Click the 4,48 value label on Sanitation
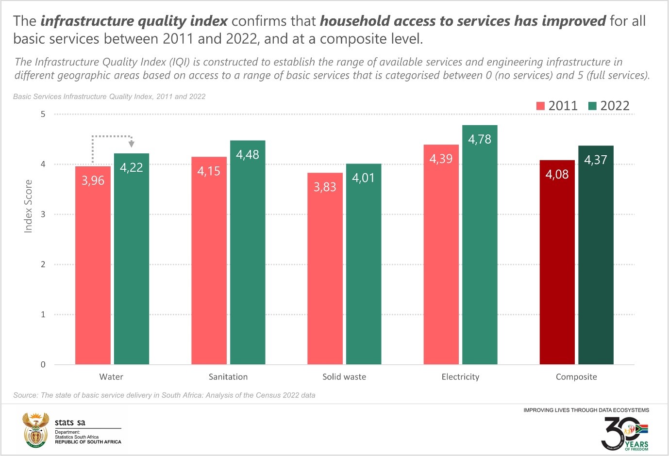tap(248, 155)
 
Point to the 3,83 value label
tap(325, 187)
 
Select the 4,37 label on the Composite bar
tap(596, 160)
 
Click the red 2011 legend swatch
tap(540, 106)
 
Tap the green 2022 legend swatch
tap(592, 106)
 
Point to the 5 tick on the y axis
tap(43, 114)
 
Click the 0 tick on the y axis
tap(43, 365)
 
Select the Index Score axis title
tap(28, 206)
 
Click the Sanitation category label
tap(228, 377)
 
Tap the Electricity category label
tap(460, 377)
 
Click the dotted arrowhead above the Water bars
tap(131, 144)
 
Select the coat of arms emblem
tap(36, 430)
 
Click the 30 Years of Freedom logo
tap(625, 433)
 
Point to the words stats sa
tap(70, 423)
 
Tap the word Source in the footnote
tap(25, 395)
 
